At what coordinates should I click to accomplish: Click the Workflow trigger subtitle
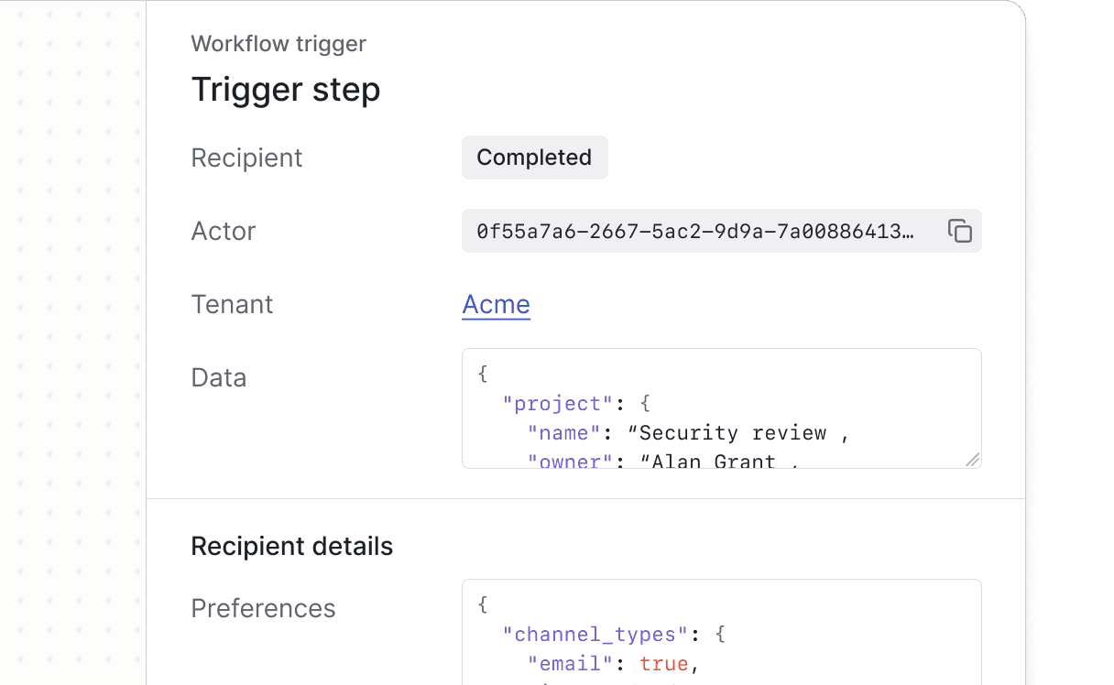tap(278, 44)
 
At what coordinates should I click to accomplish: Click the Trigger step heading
tap(285, 90)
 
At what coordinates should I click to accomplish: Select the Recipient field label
tap(246, 158)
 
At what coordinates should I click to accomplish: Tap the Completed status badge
tap(534, 158)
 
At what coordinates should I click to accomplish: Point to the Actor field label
tap(224, 231)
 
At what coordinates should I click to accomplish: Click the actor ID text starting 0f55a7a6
tap(695, 232)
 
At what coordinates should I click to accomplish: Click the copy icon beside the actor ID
tap(959, 231)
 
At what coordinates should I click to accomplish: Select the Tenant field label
tap(232, 304)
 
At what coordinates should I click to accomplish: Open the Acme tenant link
tap(496, 304)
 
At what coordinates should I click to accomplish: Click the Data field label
tap(218, 377)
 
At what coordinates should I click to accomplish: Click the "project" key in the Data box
tap(557, 404)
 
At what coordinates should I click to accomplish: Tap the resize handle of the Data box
tap(972, 460)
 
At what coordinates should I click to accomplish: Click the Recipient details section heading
tap(291, 547)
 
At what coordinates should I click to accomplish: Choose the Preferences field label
tap(263, 608)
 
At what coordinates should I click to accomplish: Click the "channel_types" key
tap(595, 635)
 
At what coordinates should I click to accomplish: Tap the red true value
tap(663, 664)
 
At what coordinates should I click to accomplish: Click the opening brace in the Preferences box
tap(483, 605)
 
